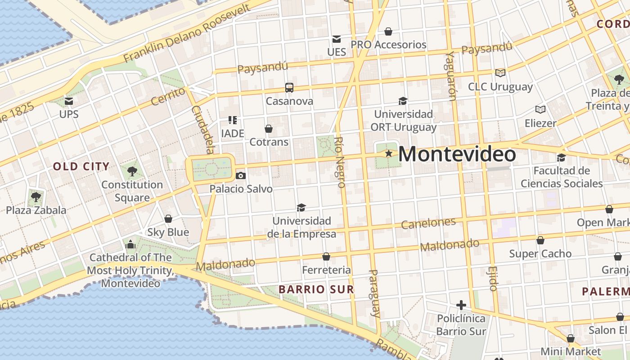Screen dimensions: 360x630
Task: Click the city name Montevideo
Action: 457,154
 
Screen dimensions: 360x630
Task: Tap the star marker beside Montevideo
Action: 389,153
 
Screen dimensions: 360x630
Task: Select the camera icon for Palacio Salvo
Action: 241,175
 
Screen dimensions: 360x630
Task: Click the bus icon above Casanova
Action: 289,88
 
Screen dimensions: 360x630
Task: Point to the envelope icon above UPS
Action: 69,101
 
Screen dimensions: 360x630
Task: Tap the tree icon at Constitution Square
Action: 132,171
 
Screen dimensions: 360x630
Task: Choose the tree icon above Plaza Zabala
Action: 36,197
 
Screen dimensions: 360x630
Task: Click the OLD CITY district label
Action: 81,166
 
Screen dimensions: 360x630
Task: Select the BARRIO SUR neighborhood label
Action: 316,289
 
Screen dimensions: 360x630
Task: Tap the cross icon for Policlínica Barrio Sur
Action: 461,305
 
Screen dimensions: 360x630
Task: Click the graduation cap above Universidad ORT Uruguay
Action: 403,101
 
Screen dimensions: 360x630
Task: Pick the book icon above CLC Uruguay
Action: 500,73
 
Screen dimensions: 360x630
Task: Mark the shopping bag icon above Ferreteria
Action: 326,256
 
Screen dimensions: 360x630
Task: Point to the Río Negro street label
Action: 340,162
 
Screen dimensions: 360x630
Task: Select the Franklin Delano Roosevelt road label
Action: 186,35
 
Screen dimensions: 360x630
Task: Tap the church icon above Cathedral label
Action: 130,244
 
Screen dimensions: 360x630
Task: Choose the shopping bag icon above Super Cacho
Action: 540,240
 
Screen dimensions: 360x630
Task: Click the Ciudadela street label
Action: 203,129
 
